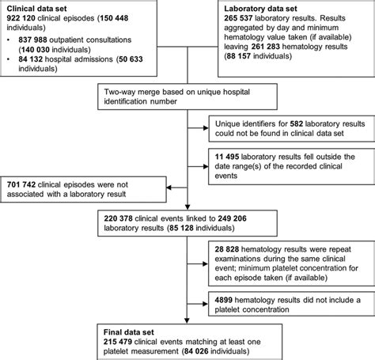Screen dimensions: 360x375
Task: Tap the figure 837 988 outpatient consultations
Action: [x=31, y=37]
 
